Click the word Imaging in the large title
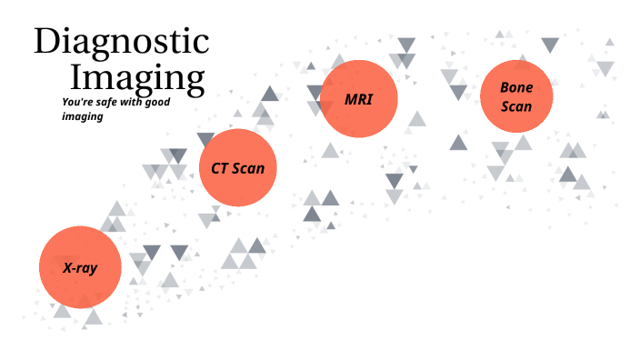137,77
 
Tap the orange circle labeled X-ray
80,267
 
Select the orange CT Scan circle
237,167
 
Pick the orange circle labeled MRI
359,98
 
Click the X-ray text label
80,268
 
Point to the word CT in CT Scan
219,168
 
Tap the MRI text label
359,98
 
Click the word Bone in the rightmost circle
515,87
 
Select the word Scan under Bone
515,105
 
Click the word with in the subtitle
130,102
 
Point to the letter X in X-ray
67,268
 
